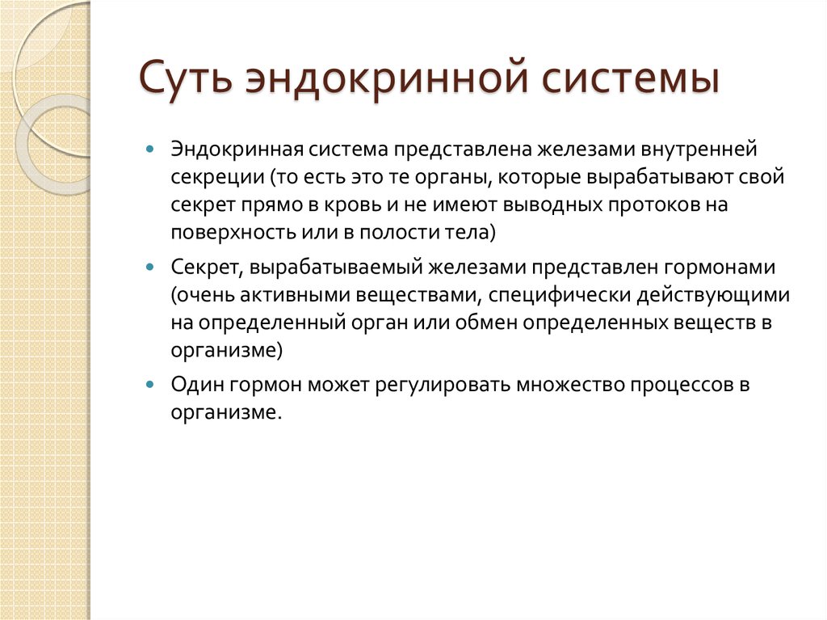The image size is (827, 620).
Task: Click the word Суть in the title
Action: pyautogui.click(x=186, y=82)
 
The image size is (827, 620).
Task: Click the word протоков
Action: pyautogui.click(x=652, y=205)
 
